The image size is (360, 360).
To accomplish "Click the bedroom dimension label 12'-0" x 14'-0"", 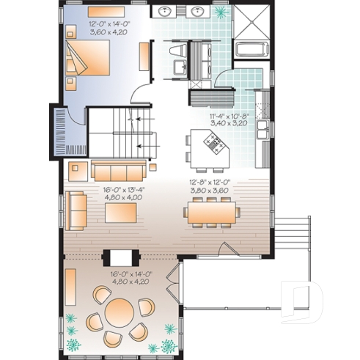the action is pos(109,24).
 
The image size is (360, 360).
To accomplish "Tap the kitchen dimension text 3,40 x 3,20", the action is pos(229,123).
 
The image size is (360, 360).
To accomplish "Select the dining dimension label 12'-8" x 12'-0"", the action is pos(210,182).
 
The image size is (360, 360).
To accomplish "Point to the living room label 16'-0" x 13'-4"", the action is pos(124,190).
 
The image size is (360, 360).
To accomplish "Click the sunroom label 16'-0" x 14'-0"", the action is pos(131,274).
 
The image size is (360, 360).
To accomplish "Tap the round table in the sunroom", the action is pos(120,312).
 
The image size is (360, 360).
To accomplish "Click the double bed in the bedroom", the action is pos(87,57).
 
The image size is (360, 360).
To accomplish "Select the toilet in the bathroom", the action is pos(177,51).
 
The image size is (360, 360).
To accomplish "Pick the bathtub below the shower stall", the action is pos(252,50).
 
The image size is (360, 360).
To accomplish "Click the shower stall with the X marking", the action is pos(252,22).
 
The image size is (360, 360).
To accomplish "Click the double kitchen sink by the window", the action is pos(263,130).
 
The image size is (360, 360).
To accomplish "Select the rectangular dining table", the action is pos(212,213).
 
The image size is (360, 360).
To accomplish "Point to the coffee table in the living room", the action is pos(121,213).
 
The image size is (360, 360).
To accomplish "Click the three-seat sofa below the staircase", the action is pos(119,171).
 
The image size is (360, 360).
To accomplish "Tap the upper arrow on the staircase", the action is pos(145,120).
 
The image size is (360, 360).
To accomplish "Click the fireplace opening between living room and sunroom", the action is pos(121,258).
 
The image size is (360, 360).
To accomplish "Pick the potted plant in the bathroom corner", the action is pos(222,12).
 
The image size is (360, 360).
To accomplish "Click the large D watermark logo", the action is pos(302,302).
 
